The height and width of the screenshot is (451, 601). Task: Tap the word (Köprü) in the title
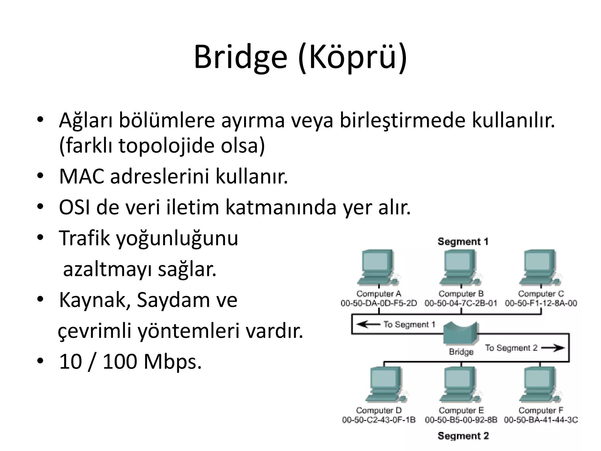pyautogui.click(x=352, y=57)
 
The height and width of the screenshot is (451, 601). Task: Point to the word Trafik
pyautogui.click(x=84, y=238)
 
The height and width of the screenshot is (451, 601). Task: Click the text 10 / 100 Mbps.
pyautogui.click(x=130, y=362)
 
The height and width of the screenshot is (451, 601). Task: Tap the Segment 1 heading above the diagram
pyautogui.click(x=463, y=242)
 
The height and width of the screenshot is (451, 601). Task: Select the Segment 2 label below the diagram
pyautogui.click(x=463, y=436)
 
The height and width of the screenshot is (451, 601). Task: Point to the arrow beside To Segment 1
pyautogui.click(x=368, y=324)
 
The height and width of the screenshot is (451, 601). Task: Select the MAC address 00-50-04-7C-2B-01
pyautogui.click(x=461, y=303)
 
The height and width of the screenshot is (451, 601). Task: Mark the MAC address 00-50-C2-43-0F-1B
pyautogui.click(x=379, y=420)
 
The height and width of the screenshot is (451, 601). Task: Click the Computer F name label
pyautogui.click(x=541, y=410)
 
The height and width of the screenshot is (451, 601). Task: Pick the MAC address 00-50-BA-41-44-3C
pyautogui.click(x=541, y=420)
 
